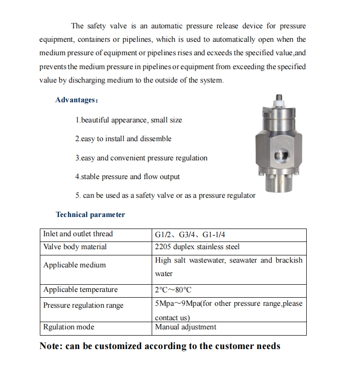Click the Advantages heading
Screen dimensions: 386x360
click(x=76, y=100)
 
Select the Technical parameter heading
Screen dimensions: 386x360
click(x=90, y=215)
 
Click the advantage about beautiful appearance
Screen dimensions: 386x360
click(x=129, y=120)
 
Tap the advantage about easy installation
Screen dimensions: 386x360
click(x=123, y=139)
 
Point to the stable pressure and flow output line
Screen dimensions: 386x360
click(x=127, y=177)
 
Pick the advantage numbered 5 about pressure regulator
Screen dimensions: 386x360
click(x=165, y=195)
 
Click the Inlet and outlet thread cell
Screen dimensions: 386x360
click(x=78, y=234)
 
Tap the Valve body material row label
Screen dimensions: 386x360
click(x=75, y=247)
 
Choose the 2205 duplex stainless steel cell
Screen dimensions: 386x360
click(x=197, y=247)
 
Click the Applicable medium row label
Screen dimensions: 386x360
click(x=74, y=265)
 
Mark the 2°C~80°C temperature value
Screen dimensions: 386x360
click(x=173, y=290)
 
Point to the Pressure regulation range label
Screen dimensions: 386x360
click(x=83, y=305)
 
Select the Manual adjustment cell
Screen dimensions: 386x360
click(x=185, y=327)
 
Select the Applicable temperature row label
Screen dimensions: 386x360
click(x=80, y=290)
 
